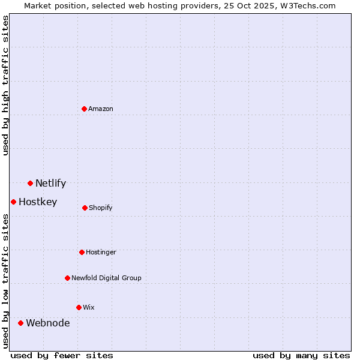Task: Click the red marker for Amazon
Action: pos(85,109)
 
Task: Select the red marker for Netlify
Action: pos(30,183)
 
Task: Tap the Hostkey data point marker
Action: pos(13,202)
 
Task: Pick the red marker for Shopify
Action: pos(85,208)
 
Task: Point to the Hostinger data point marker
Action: pos(82,252)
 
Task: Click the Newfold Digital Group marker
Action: pos(67,278)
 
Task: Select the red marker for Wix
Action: pos(79,307)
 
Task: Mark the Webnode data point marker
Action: pos(20,323)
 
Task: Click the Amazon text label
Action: pos(101,109)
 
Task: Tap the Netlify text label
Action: pos(50,184)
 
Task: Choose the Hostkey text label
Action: pos(38,202)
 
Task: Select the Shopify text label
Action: pos(101,208)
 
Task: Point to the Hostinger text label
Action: pos(101,253)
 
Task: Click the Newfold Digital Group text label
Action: pos(106,278)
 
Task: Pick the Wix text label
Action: pos(89,308)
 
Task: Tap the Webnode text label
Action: pos(47,323)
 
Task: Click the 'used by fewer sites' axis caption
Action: pos(62,355)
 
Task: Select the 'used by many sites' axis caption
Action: pos(301,355)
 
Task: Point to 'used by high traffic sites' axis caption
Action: pos(6,86)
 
